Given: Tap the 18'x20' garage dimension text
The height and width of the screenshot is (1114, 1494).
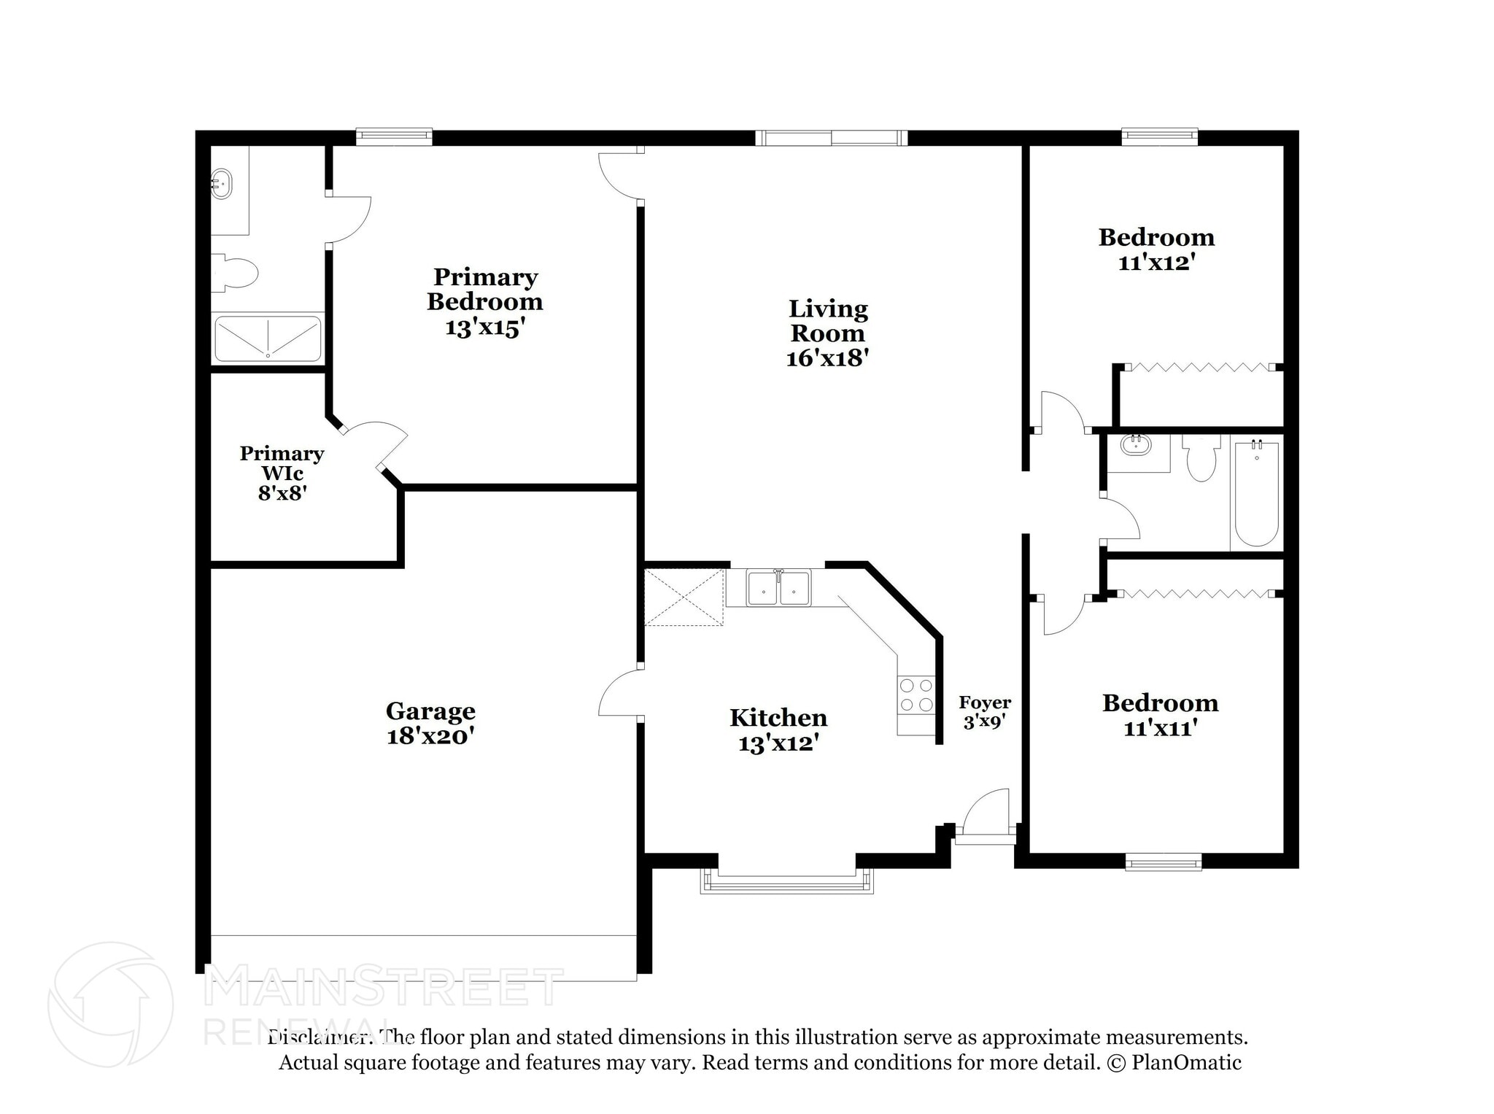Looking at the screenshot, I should (430, 736).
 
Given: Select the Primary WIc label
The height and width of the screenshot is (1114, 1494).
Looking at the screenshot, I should (282, 463).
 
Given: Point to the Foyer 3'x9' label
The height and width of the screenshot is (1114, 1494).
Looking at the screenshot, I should (985, 712).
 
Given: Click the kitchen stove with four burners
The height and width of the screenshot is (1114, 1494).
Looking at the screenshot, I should (916, 695).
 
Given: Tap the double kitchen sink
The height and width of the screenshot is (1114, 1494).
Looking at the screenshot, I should (778, 587).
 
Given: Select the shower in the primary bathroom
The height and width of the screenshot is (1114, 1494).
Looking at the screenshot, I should (268, 338).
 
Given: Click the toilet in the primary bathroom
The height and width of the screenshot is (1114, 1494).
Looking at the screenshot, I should (235, 274).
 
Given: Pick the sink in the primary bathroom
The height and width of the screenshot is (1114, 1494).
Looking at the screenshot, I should (222, 183).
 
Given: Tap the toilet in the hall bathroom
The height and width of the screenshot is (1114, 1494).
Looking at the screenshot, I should (1201, 458).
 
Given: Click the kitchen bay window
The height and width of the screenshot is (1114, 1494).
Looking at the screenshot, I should (786, 883).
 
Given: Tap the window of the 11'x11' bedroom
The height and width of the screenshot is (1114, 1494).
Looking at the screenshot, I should (1163, 862).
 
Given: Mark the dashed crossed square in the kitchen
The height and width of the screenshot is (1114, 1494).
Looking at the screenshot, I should (684, 597).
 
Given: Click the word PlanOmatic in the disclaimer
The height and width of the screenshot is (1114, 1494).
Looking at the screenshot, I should (1186, 1062).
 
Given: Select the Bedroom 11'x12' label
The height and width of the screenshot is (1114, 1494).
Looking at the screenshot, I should (1156, 249).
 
